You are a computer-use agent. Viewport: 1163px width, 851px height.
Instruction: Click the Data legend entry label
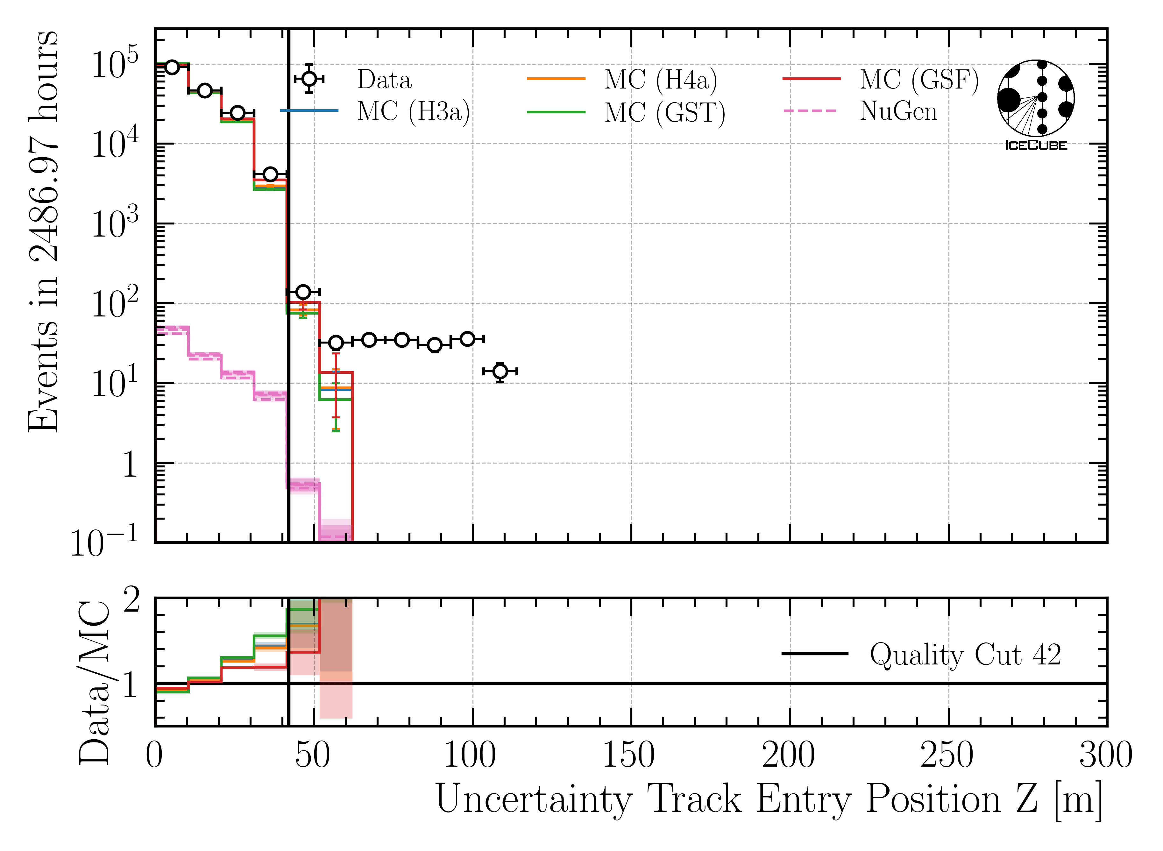point(384,80)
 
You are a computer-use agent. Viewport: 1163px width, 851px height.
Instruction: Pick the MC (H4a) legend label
point(661,80)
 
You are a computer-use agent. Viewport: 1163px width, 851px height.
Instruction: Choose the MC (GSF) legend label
point(919,80)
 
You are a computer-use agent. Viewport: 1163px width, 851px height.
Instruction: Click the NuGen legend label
point(898,111)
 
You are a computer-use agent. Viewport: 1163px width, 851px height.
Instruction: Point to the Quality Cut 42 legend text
point(965,655)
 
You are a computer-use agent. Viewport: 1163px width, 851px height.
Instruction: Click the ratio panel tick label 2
point(131,601)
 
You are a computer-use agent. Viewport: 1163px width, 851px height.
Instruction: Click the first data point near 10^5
point(172,67)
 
